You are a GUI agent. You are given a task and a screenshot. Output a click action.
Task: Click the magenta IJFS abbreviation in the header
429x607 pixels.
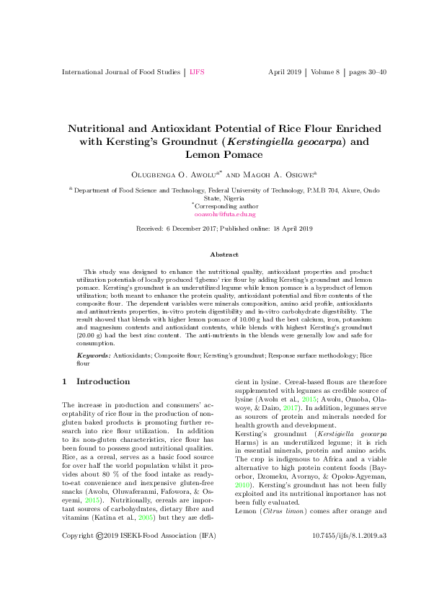[197, 73]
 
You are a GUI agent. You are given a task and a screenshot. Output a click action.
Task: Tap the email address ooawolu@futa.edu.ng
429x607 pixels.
[225, 214]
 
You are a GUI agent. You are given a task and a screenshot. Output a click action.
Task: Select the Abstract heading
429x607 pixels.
[224, 254]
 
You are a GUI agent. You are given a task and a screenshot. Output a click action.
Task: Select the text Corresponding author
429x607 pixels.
[226, 205]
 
